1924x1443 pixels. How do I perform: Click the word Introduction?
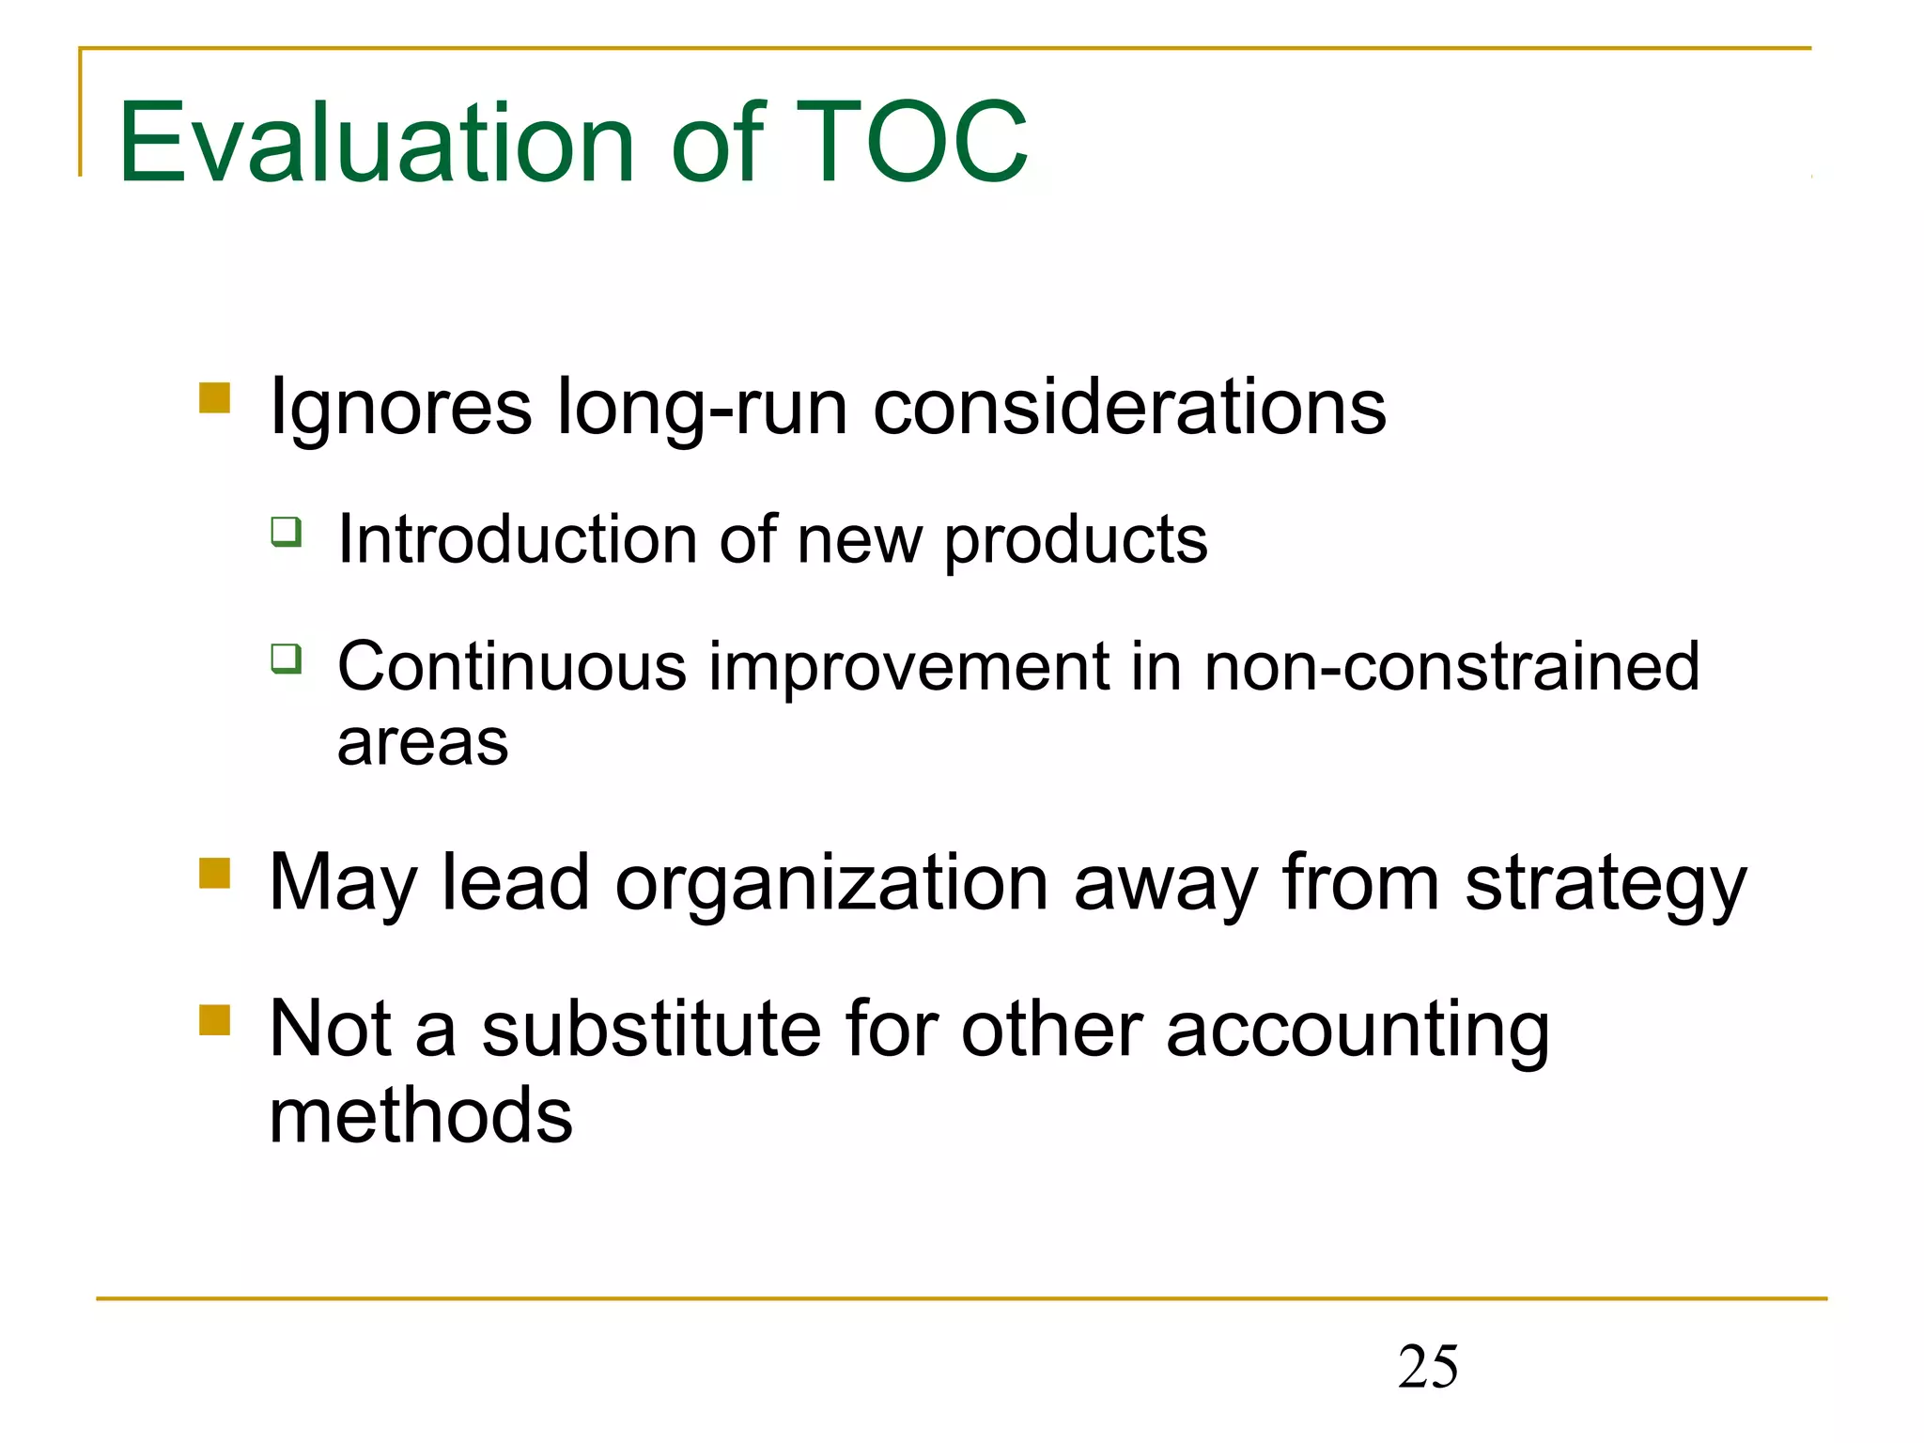tap(518, 539)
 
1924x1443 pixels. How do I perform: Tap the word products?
tap(1076, 541)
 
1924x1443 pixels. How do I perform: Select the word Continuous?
tap(512, 667)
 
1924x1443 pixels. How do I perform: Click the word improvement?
tap(909, 667)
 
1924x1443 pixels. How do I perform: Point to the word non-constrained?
tap(1451, 667)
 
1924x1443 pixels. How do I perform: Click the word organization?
tap(831, 884)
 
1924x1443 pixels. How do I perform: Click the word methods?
tap(421, 1115)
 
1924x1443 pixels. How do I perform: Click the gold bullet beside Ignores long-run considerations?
tap(215, 397)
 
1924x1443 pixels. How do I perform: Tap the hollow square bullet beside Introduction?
tap(287, 532)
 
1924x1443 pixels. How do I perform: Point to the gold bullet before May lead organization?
tap(215, 873)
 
